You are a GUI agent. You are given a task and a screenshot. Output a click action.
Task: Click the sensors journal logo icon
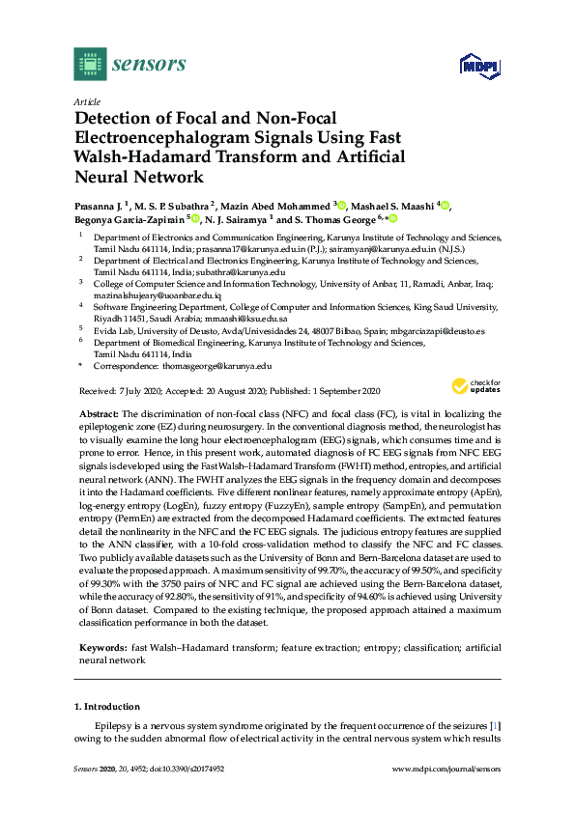[x=89, y=65]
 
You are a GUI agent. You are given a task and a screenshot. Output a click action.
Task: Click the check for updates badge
[x=474, y=386]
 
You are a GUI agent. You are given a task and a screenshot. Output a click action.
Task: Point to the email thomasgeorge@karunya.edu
[x=218, y=367]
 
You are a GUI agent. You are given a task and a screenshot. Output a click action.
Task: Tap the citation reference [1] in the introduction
[x=494, y=725]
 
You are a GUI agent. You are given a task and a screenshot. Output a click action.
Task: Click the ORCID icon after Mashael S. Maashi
[x=446, y=206]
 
